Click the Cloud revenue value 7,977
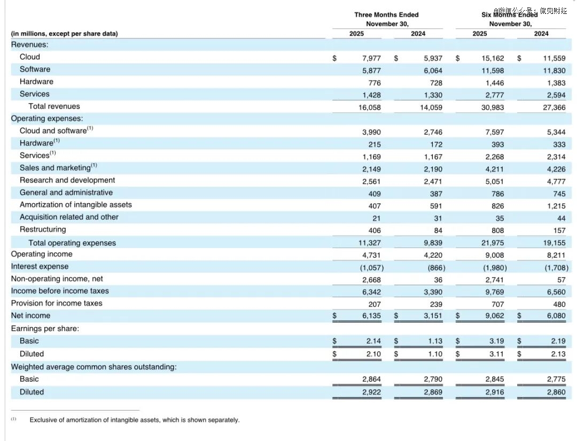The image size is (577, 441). point(371,58)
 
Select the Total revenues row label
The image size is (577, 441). point(54,106)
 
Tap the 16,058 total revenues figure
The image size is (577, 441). point(370,107)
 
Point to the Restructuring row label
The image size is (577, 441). point(43,229)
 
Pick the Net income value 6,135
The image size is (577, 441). point(371,316)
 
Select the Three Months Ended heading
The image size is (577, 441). point(386,14)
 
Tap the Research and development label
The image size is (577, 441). point(67,180)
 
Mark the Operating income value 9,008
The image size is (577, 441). point(494,256)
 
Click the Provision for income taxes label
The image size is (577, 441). point(57,303)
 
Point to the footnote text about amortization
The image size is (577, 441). point(134,420)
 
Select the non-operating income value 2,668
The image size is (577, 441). point(371,280)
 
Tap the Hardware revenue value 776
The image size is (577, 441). point(374,83)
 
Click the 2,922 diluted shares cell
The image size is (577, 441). point(371,392)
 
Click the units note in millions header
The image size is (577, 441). point(65,34)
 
